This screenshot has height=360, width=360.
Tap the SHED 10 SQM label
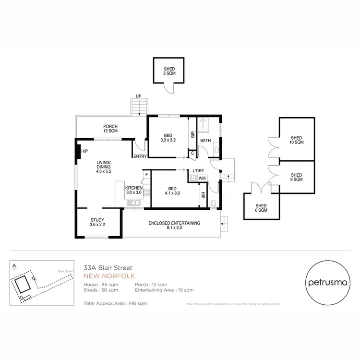click(296, 140)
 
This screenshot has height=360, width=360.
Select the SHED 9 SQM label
click(296, 177)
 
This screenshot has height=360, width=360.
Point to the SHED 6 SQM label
click(261, 208)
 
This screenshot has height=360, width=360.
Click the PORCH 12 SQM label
click(110, 129)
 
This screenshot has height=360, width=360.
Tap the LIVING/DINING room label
click(103, 166)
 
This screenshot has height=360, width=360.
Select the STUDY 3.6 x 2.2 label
click(97, 222)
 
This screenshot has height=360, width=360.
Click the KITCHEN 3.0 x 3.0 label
click(133, 190)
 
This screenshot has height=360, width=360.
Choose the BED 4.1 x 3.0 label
click(172, 191)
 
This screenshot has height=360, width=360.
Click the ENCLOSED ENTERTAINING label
click(174, 226)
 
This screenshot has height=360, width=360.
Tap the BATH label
click(205, 141)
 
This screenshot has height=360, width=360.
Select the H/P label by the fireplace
click(84, 151)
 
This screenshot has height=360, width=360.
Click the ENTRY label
click(140, 156)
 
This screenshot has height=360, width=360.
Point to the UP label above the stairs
click(139, 96)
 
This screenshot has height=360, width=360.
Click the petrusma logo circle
click(327, 283)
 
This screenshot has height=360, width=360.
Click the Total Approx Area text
click(115, 303)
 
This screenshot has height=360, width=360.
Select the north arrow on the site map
click(15, 267)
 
